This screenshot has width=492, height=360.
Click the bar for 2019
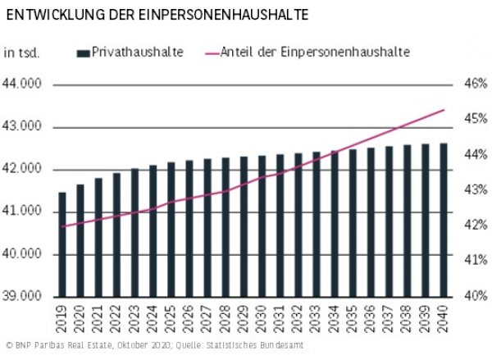pos(62,244)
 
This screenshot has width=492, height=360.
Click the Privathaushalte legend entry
pos(136,52)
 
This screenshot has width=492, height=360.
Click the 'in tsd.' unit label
pos(22,52)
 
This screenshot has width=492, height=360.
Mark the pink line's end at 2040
pos(444,109)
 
